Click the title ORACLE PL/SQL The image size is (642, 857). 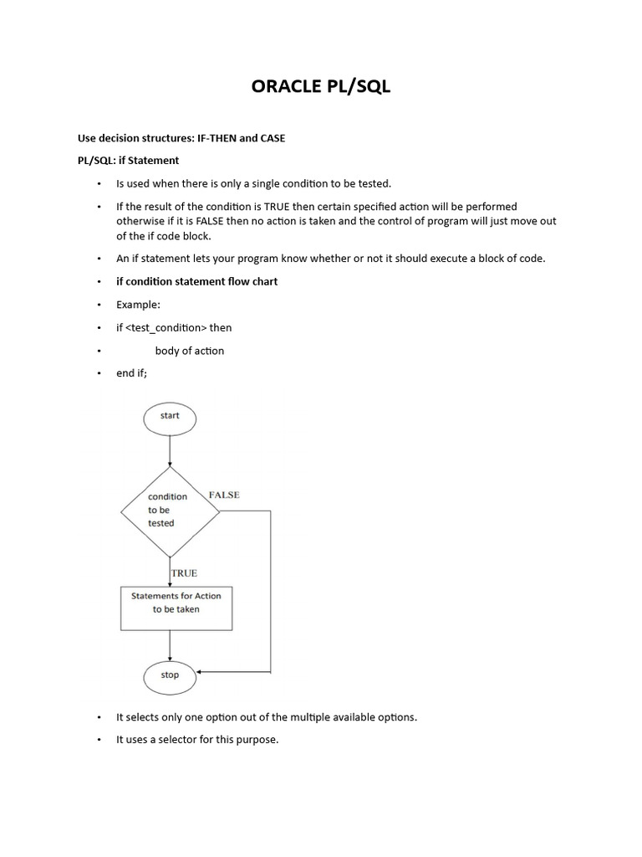[321, 88]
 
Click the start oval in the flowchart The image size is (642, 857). [170, 416]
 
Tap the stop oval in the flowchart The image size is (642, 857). [170, 675]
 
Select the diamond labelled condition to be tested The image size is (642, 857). [170, 509]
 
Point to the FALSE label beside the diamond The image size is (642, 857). [224, 495]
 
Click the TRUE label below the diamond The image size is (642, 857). [184, 573]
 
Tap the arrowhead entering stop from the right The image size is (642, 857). [201, 672]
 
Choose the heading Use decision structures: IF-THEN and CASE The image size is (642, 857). [181, 138]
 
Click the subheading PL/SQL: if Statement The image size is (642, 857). [128, 160]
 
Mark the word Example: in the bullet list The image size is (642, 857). [138, 305]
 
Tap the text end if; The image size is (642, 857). [131, 373]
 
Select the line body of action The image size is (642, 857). [190, 351]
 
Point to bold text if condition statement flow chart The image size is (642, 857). [196, 281]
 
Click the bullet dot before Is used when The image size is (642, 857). [98, 183]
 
